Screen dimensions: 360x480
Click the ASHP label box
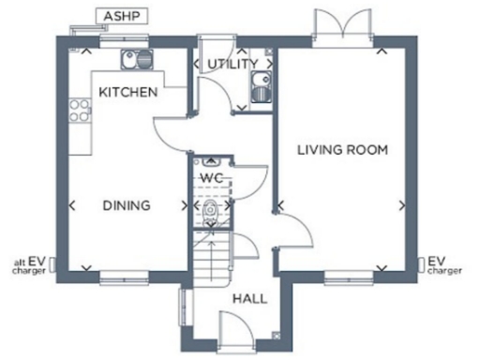pos(118,17)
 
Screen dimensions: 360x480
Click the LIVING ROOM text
pos(342,149)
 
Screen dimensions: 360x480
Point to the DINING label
pos(127,205)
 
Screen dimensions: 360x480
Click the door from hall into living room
pos(291,231)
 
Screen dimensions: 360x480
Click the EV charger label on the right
pos(444,265)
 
